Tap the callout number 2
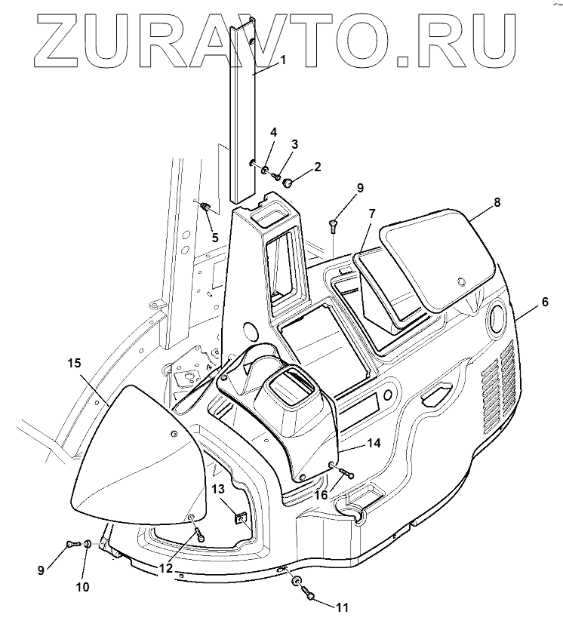[x=318, y=167]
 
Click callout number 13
[x=218, y=490]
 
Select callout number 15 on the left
[x=73, y=363]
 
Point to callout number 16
[x=321, y=495]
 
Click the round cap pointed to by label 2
[x=288, y=182]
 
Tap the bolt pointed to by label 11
[x=309, y=597]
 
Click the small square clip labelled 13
[x=240, y=518]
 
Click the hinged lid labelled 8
[x=438, y=257]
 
